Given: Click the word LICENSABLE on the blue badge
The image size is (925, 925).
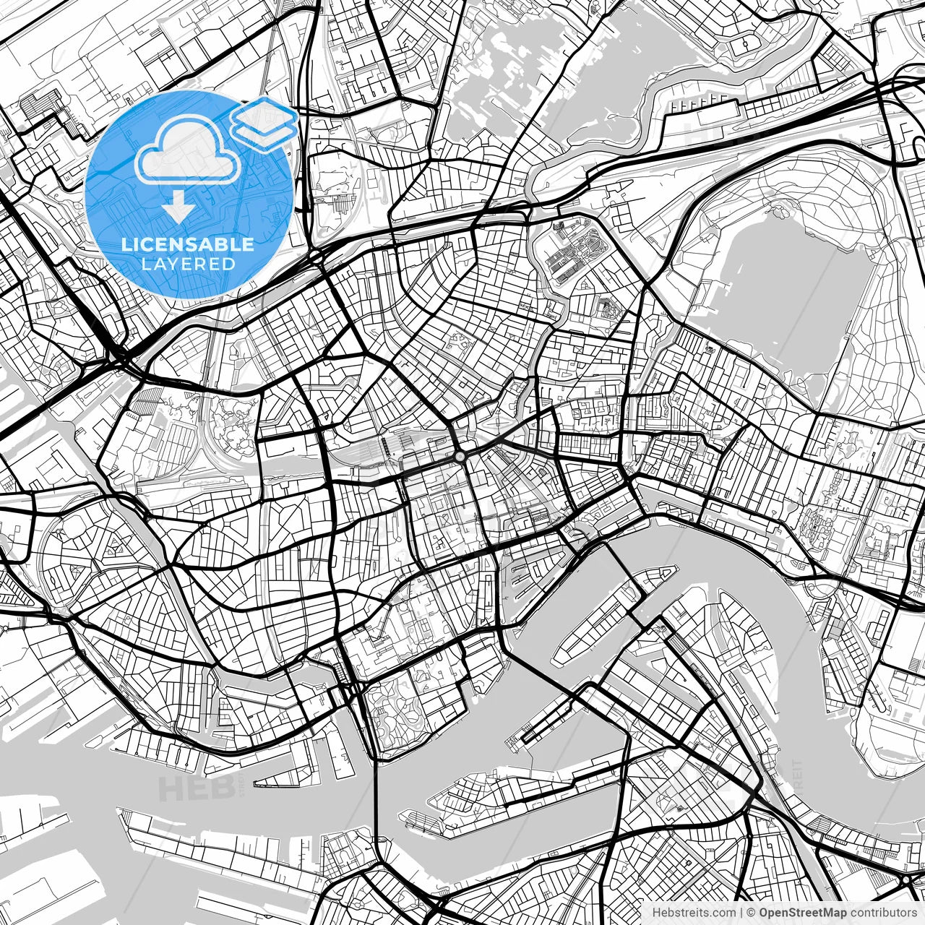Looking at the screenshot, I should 188,244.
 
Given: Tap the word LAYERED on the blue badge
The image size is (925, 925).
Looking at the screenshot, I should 188,264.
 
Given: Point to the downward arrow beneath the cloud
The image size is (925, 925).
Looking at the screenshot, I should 177,208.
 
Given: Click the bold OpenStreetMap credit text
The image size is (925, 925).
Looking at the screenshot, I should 803,913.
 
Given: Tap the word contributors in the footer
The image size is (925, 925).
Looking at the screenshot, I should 883,913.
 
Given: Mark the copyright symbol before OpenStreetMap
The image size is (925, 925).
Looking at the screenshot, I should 752,913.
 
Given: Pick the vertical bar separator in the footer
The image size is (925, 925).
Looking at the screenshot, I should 741,913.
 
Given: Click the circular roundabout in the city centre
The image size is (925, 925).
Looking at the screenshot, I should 460,457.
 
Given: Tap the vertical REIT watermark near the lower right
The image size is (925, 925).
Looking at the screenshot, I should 799,777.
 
